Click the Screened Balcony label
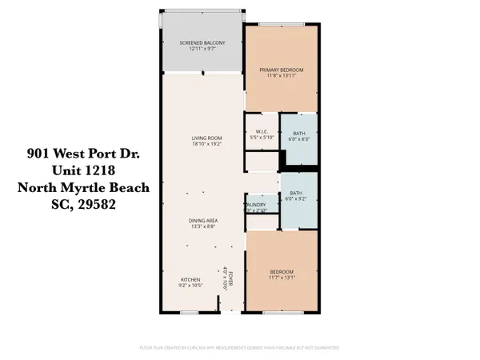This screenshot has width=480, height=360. click(202, 42)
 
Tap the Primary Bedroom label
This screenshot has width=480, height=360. click(281, 70)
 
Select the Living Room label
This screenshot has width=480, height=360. click(206, 138)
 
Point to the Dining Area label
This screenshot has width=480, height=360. click(205, 220)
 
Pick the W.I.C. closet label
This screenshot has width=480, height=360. click(261, 131)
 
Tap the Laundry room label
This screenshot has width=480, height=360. click(256, 204)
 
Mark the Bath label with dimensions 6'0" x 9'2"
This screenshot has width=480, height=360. click(297, 192)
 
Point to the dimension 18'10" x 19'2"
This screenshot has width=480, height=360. click(206, 145)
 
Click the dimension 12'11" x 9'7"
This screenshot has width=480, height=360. click(202, 49)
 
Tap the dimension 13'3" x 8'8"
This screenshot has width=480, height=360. click(205, 227)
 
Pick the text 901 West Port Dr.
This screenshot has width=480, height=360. click(82, 152)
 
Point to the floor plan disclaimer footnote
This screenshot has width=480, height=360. click(240, 348)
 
